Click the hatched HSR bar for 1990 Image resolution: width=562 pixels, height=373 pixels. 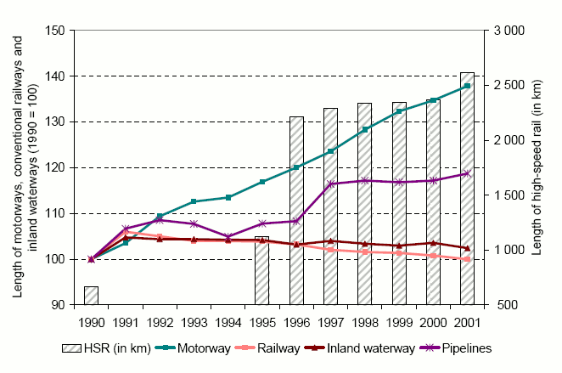coord(91,295)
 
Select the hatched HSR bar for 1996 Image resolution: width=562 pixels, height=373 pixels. coord(296,210)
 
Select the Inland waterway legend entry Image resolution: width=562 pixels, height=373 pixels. coord(369,348)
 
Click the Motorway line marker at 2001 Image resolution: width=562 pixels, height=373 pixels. coord(467,86)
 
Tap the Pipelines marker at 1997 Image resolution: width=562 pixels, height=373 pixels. coord(330,184)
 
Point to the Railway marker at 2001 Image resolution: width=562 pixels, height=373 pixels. coord(467,259)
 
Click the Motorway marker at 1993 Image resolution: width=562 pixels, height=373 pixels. coord(194,201)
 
